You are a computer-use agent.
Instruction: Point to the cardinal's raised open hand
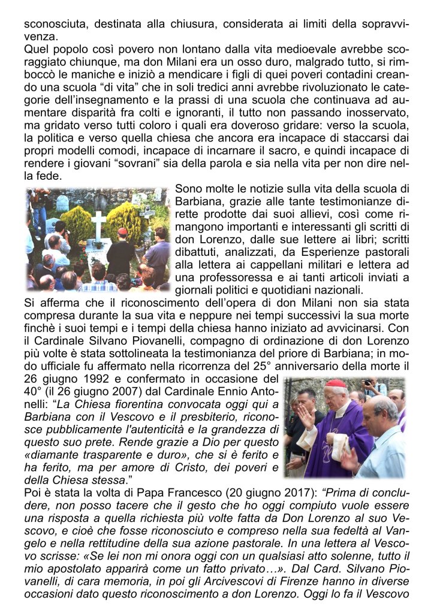pos(306,416)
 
